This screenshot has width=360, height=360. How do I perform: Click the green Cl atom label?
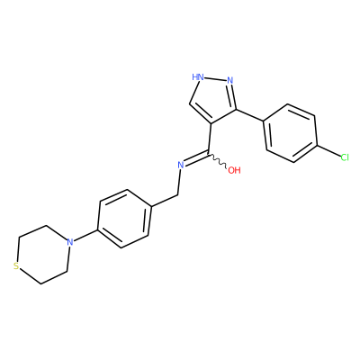[345, 157]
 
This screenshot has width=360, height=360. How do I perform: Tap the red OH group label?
[234, 170]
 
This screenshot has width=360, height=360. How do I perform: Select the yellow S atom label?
[16, 266]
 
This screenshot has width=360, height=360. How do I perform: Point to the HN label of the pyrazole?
[198, 77]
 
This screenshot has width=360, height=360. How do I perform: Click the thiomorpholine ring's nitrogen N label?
[70, 242]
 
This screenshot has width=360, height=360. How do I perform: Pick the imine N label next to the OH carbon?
[181, 165]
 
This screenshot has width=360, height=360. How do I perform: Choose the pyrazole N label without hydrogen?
[230, 80]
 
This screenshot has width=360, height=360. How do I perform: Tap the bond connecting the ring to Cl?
[328, 151]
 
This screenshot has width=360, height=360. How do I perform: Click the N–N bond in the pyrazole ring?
[215, 79]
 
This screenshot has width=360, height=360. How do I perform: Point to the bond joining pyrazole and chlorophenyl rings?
[250, 115]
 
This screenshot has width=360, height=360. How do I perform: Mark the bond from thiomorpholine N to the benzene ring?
[85, 236]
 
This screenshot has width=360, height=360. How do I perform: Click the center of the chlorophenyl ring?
[291, 133]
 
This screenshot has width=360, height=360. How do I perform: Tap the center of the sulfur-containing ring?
[42, 255]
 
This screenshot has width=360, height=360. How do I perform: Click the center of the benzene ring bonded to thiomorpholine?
[124, 219]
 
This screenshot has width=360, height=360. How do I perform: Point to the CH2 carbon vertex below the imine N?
[178, 195]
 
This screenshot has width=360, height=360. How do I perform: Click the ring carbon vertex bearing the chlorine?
[318, 146]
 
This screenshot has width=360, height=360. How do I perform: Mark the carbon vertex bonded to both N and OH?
[208, 153]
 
